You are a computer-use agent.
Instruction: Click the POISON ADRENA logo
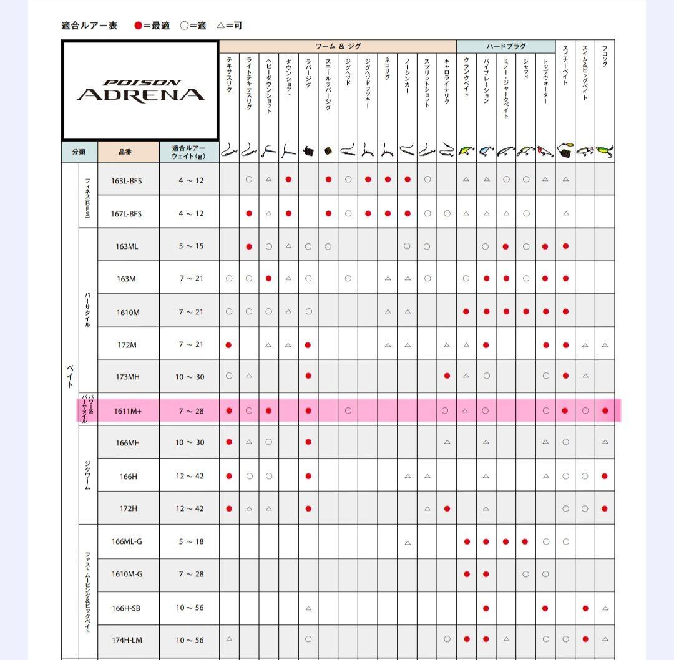140,91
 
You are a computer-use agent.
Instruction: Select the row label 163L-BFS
127,180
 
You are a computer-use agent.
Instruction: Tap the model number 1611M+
127,411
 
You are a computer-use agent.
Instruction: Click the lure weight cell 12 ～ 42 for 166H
190,476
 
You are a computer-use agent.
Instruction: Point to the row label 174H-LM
127,640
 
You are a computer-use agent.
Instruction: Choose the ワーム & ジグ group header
338,46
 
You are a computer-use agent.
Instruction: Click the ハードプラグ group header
506,46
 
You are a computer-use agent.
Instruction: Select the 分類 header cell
79,152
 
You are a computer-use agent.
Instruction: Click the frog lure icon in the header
605,151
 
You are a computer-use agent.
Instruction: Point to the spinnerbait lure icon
565,150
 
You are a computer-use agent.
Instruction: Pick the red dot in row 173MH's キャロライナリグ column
447,376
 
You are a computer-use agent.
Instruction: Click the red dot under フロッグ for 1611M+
605,411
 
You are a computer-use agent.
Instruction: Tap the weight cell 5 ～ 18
190,541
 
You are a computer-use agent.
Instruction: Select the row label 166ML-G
127,541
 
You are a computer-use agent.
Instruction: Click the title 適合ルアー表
89,26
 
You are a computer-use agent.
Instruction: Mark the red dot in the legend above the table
139,26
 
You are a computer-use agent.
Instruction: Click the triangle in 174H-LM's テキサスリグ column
229,639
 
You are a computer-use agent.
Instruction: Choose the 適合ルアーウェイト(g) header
189,152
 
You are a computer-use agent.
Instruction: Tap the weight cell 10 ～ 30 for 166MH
190,442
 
